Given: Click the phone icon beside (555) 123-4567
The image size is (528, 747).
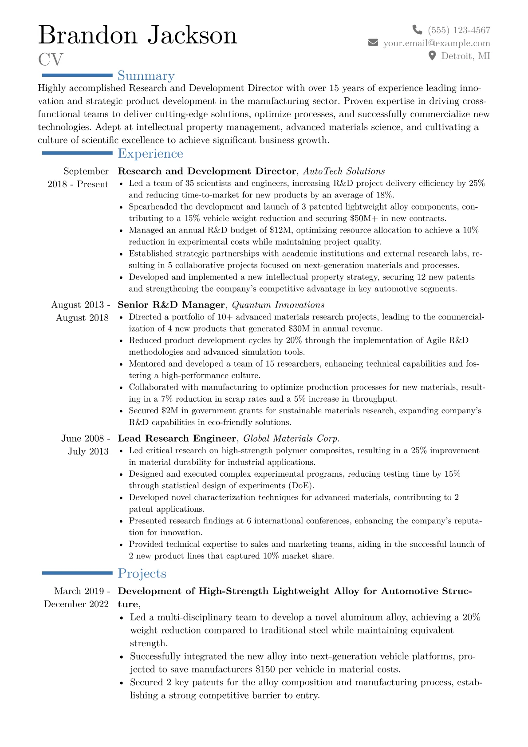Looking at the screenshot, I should click(417, 30).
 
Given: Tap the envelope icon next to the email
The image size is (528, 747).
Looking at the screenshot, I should click(373, 43).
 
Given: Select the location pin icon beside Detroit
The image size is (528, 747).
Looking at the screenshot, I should click(432, 55).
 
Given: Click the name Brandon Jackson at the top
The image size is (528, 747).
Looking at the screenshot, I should click(138, 35).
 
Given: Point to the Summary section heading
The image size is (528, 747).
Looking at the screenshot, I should click(146, 76).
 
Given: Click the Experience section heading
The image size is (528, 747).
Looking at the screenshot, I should click(150, 154).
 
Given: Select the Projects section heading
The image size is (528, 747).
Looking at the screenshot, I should click(142, 573).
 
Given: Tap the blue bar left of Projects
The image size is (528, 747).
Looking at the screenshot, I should click(77, 573).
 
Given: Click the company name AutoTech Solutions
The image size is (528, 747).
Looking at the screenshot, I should click(344, 171).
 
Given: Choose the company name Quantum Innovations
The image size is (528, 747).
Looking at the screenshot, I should click(278, 305).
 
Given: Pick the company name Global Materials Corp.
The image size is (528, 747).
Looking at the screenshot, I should click(292, 439).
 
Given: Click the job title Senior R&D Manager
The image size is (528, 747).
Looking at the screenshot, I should click(171, 305).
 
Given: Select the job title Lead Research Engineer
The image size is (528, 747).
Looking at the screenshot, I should click(177, 439).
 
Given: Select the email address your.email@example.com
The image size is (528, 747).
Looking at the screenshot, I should click(437, 43).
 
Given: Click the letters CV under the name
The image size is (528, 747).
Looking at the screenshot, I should click(51, 59).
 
